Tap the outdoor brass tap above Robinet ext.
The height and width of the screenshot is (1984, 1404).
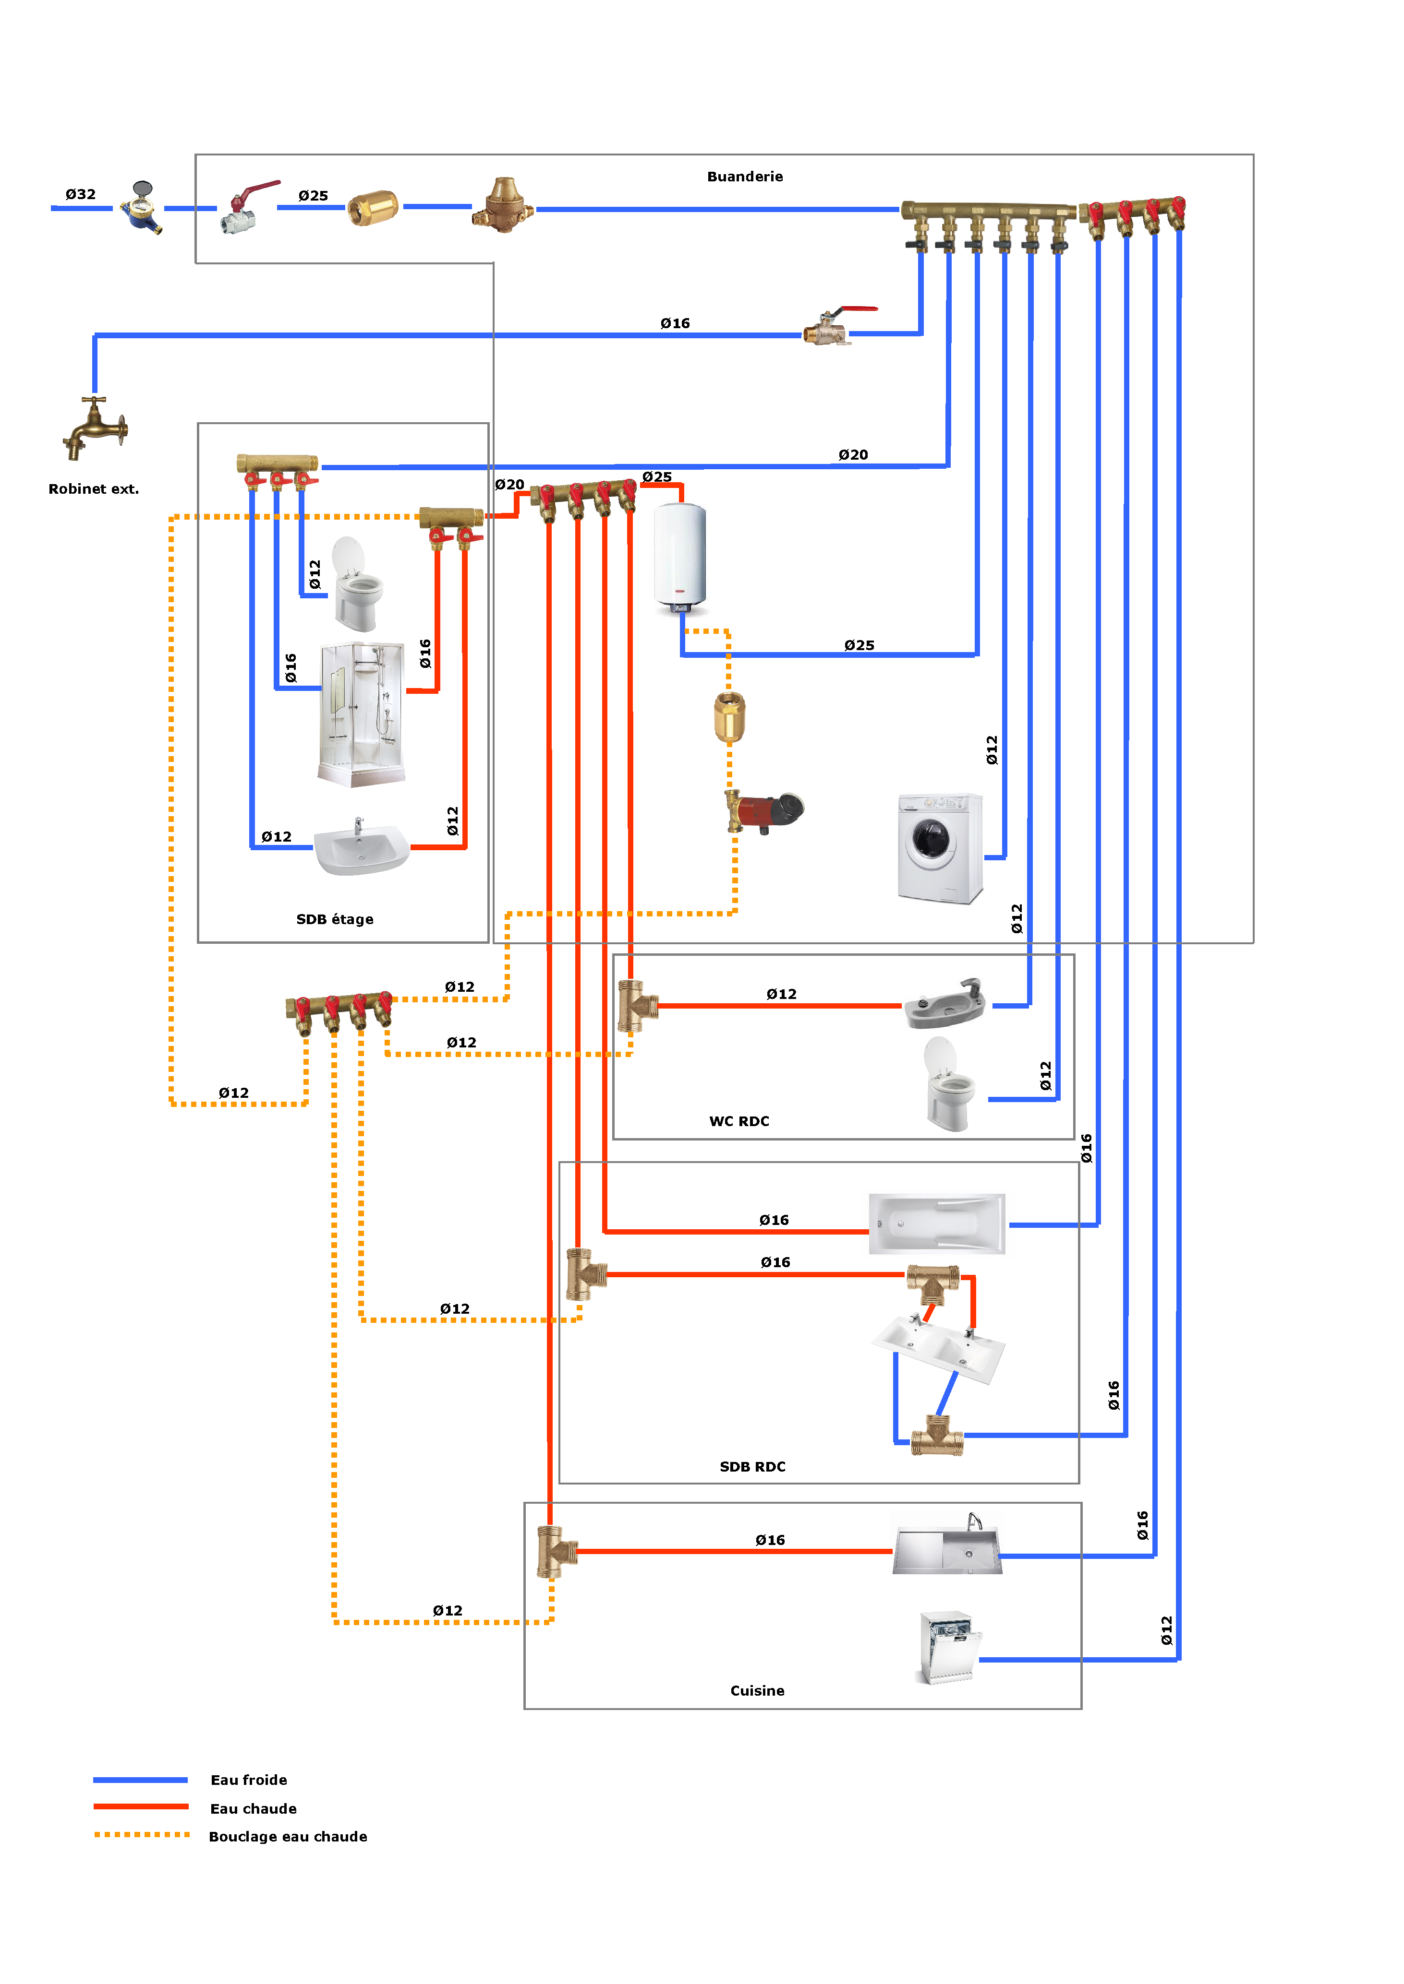pos(95,427)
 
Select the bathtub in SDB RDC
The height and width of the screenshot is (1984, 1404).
pos(937,1224)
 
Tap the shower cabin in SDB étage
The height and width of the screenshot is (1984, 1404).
pos(362,714)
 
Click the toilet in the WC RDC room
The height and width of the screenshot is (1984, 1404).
pos(948,1085)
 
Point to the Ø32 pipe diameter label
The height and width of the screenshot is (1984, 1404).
pos(80,194)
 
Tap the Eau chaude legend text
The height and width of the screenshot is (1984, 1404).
pos(254,1808)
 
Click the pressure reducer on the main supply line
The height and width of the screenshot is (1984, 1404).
pos(503,206)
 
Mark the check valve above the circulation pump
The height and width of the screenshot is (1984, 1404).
pos(729,716)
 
